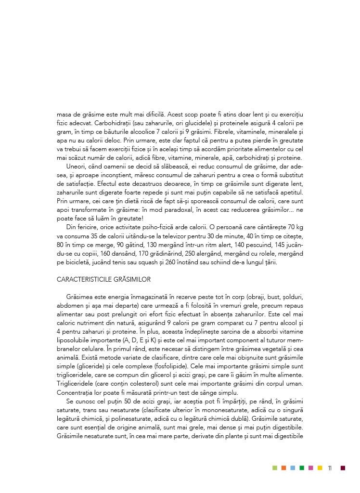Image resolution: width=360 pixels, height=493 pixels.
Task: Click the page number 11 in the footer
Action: click(330, 467)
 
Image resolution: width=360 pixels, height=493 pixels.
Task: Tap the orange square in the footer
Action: click(284, 467)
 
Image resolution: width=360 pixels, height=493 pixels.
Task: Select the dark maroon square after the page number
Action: click(343, 467)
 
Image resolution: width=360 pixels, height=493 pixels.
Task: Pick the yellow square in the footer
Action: click(320, 467)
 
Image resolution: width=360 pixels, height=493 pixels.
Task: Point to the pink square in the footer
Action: click(311, 467)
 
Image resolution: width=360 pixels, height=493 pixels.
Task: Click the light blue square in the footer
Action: click(293, 467)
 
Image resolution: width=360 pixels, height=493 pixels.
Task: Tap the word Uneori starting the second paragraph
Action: click(77, 166)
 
